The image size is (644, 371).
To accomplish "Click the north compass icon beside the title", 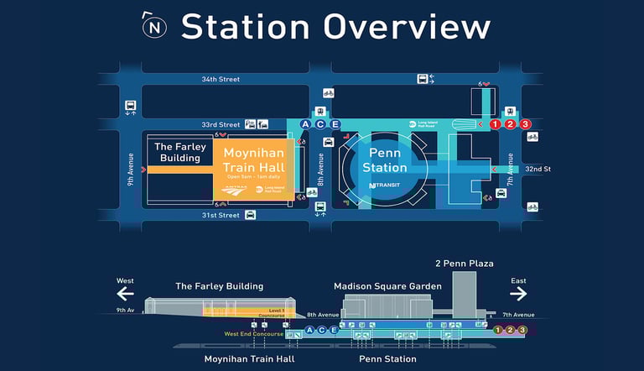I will [155, 26].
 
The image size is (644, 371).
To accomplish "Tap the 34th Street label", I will [220, 79].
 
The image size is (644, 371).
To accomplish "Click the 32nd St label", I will [538, 169].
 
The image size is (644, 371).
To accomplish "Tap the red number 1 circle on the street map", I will [495, 124].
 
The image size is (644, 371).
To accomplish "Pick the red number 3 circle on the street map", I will [526, 124].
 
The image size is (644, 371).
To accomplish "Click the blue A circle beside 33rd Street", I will [305, 124].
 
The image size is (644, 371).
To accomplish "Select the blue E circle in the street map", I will [335, 124].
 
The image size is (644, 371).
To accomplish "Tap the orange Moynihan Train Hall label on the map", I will [253, 159].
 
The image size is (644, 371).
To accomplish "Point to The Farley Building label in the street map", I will [180, 152].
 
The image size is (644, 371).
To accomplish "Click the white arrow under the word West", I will [126, 293].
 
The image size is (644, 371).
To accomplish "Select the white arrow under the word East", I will [518, 293].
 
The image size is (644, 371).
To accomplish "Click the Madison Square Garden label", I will [387, 286].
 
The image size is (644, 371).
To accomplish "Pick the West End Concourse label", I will [254, 334].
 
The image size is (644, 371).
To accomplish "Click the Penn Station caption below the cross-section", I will [387, 359].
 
